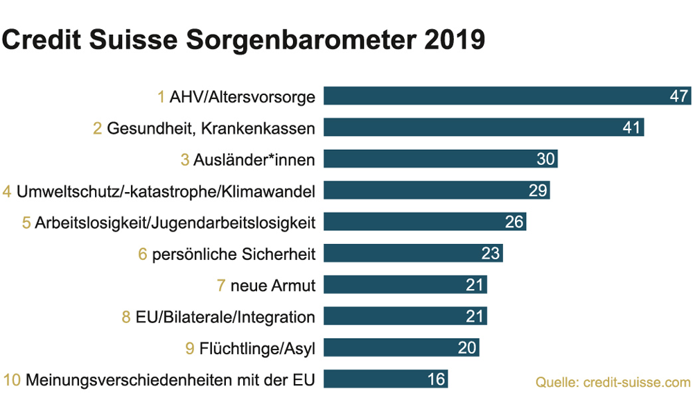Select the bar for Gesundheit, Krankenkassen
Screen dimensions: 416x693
[x=471, y=128]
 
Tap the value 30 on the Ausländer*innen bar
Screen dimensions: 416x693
[x=546, y=159]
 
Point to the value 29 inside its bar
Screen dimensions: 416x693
[x=538, y=191]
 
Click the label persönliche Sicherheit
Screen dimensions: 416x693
[x=234, y=254]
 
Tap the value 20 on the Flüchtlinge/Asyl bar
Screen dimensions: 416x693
[x=467, y=348]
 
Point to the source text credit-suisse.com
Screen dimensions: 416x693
[x=613, y=382]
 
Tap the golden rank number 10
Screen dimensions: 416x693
[x=12, y=380]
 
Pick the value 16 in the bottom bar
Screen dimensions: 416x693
[x=436, y=379]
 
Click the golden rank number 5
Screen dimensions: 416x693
[x=26, y=223]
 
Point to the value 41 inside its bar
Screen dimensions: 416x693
[x=631, y=128]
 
